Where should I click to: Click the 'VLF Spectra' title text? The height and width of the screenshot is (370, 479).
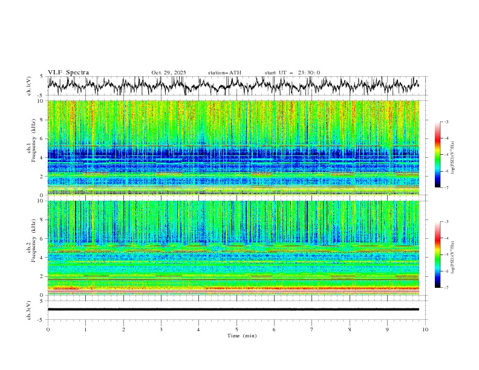click(68, 73)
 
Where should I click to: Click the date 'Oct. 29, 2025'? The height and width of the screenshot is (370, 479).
click(169, 73)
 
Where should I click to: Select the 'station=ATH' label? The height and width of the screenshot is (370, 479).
click(224, 73)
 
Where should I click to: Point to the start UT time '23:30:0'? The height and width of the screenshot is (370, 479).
click(309, 73)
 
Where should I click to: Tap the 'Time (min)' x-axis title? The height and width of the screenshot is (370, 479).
click(236, 336)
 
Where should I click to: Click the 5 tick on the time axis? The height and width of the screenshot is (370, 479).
click(236, 329)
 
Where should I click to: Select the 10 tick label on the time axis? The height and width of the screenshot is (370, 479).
click(425, 329)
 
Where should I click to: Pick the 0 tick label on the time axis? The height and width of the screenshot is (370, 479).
click(48, 329)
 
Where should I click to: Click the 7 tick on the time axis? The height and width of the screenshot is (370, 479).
click(312, 329)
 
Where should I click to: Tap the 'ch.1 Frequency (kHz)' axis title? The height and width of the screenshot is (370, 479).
click(30, 148)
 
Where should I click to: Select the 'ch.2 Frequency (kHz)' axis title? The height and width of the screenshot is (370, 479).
click(30, 248)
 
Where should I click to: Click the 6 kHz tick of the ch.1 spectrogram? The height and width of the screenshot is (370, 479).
click(41, 138)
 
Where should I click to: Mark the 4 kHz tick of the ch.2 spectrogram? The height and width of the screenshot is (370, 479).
click(41, 258)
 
